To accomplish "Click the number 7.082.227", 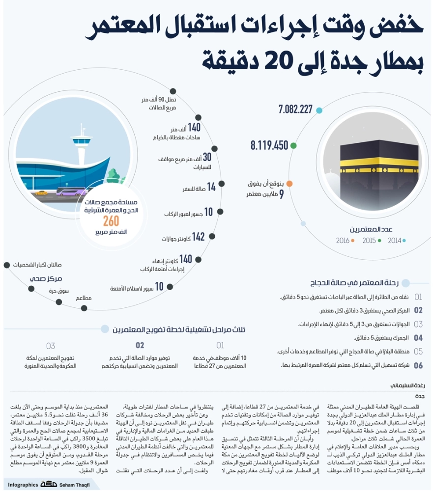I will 295,109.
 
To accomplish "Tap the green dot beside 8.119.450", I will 293,145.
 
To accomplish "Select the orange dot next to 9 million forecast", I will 290,184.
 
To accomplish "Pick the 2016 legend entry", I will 343,241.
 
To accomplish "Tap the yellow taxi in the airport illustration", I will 40,192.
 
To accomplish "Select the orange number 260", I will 111,222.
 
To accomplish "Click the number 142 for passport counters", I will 198,237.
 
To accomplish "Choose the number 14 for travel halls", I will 211,187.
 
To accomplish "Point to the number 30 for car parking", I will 207,157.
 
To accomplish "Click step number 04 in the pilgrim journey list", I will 418,338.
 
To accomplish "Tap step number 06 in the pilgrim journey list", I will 418,365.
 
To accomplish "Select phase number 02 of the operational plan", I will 140,345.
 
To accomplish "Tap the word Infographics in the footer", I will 23,484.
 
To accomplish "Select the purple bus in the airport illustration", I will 71,191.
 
